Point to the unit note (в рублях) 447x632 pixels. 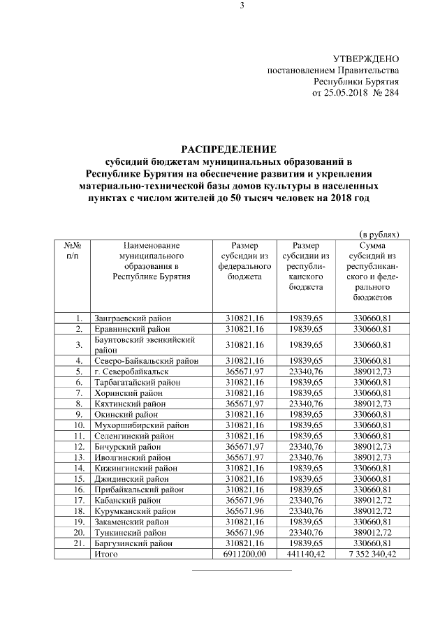[379, 235]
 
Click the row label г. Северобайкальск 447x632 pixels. [131, 372]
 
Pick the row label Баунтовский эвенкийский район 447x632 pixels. [144, 344]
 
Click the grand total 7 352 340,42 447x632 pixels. [367, 554]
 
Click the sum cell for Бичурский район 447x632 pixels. [367, 447]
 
